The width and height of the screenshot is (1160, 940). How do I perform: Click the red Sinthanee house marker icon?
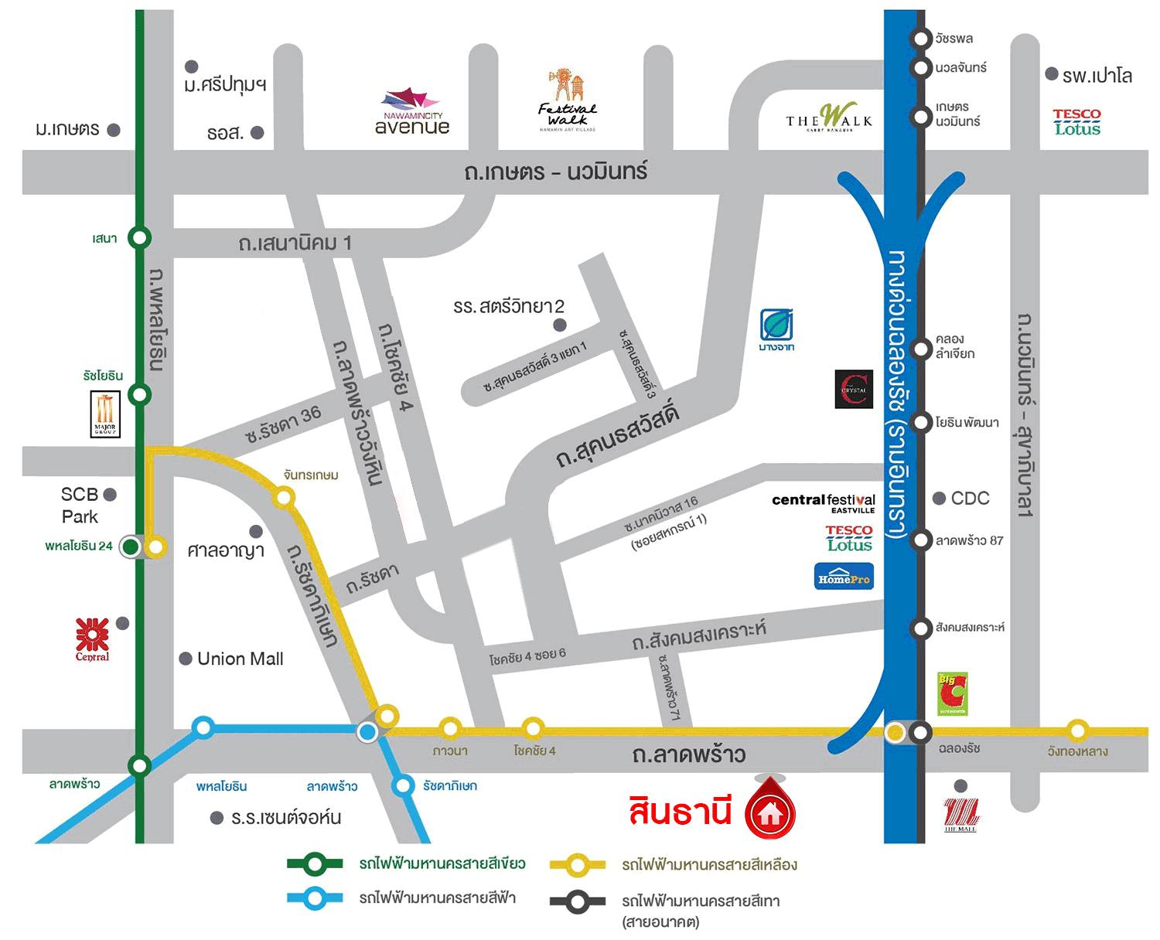pos(769,811)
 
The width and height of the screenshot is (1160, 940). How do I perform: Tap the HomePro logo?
pos(844,577)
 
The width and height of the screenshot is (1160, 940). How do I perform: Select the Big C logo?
pos(952,693)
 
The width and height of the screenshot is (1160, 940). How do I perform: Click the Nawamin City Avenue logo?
pos(411,113)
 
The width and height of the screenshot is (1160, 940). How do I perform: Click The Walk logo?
pos(829,117)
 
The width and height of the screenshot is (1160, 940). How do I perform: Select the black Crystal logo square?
pos(854,389)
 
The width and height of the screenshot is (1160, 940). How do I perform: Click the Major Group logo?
pos(105,414)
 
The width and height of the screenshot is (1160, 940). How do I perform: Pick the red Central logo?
pos(92,639)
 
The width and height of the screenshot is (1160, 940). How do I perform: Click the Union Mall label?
pos(240,659)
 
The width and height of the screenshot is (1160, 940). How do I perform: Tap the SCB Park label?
pos(80,506)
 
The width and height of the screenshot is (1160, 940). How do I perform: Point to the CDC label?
pos(970,499)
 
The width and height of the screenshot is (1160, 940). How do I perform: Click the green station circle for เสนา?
pos(139,237)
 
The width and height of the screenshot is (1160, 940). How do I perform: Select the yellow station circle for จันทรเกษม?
pos(284,497)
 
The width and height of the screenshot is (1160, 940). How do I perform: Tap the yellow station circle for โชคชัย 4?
pos(533,728)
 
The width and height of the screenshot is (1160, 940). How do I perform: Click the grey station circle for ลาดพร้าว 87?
pos(920,540)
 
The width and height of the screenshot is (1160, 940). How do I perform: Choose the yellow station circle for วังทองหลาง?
pos(1077,730)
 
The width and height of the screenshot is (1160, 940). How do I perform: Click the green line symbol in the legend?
pos(315,863)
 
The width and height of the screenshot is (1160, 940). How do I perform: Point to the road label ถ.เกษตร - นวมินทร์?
pos(555,172)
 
